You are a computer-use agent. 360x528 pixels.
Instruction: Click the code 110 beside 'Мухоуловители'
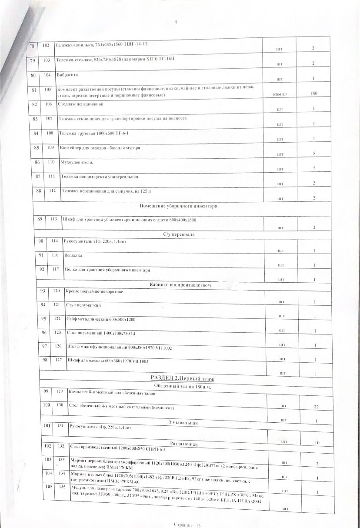click(x=51, y=162)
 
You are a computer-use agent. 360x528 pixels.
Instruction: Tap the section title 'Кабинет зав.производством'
click(x=180, y=285)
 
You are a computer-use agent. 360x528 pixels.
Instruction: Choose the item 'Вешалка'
click(x=73, y=255)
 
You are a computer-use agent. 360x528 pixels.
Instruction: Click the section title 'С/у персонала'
click(x=179, y=234)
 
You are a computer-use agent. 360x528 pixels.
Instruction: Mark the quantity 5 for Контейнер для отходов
click(x=313, y=153)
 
